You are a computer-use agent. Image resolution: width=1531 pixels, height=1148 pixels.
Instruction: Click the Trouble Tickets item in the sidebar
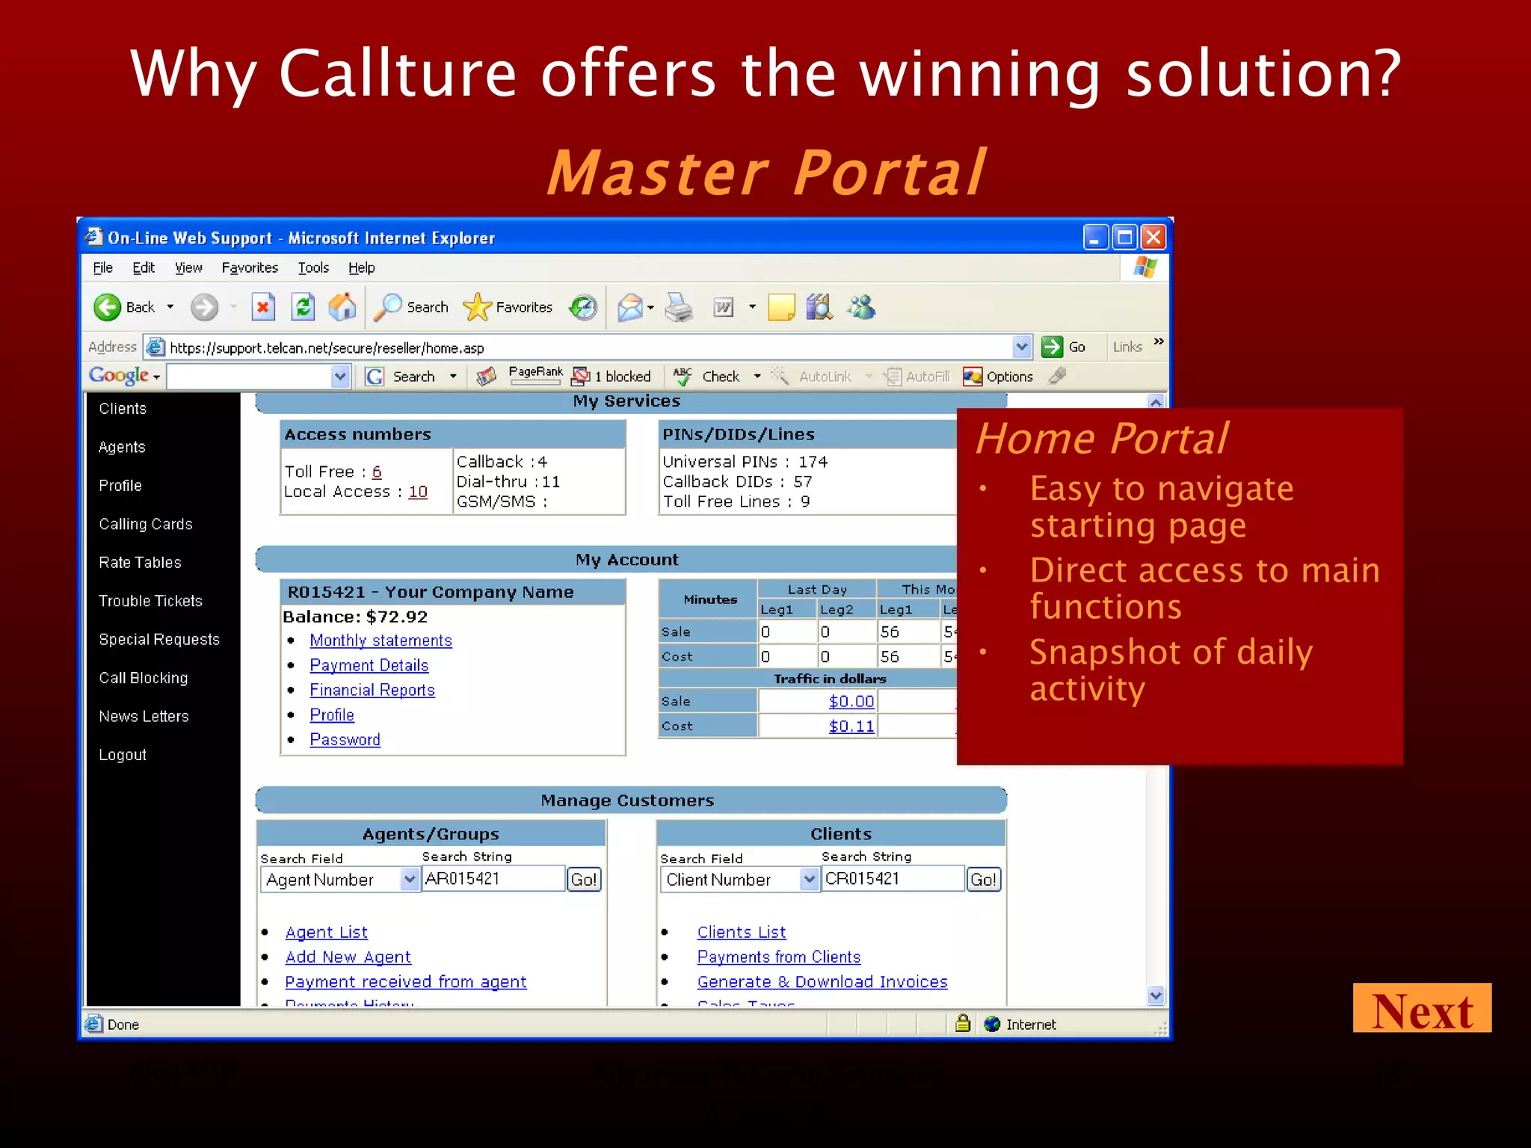[x=150, y=601]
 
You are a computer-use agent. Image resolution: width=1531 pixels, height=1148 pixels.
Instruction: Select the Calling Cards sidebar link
[x=146, y=524]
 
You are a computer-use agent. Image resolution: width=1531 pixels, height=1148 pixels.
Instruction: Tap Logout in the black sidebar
[x=123, y=755]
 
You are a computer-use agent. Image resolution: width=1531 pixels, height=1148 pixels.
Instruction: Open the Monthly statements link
[x=381, y=641]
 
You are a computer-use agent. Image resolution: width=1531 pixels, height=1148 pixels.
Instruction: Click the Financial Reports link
[x=372, y=690]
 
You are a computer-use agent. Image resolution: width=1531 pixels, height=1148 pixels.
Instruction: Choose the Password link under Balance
[x=345, y=739]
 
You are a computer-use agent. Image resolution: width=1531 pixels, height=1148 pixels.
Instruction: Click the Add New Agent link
[x=348, y=957]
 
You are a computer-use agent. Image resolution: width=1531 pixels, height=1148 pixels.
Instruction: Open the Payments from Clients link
[x=778, y=957]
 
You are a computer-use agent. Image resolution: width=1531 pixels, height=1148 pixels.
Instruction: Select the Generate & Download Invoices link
[x=822, y=981]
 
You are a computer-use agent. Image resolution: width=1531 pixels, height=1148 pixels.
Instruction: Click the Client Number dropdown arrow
[x=809, y=880]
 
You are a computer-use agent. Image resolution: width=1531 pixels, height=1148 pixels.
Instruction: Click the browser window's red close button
[x=1153, y=238]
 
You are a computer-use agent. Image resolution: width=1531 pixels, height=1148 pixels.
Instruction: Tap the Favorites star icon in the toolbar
[x=477, y=307]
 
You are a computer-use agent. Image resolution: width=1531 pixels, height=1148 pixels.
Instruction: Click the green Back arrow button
[x=108, y=307]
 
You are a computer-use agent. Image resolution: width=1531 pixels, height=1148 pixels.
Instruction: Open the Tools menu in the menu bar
[x=313, y=268]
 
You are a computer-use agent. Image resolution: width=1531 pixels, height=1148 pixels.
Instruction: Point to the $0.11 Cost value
[x=851, y=726]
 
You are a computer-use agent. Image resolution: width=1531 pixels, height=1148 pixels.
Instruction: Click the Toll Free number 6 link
[x=377, y=472]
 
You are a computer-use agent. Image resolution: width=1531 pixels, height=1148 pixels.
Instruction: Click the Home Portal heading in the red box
[x=1101, y=438]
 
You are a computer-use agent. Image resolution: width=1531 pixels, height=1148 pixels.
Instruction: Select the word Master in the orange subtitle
[x=658, y=173]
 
